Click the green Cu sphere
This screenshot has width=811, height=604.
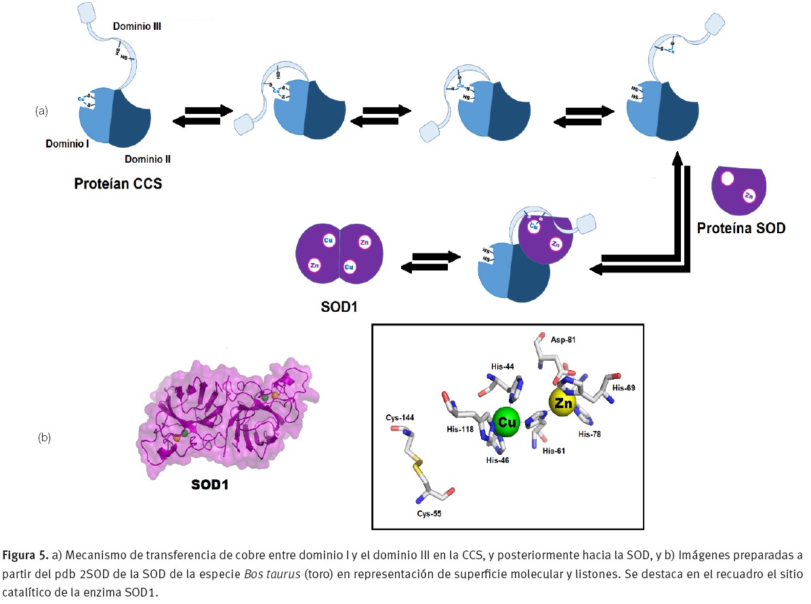507,422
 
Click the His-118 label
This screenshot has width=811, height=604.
460,430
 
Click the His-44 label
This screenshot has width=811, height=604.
503,365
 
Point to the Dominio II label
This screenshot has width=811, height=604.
148,159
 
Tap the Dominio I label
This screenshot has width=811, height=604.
67,144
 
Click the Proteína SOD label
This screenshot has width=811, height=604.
741,228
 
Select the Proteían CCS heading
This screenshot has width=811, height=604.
118,183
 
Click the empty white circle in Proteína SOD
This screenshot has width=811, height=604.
727,179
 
